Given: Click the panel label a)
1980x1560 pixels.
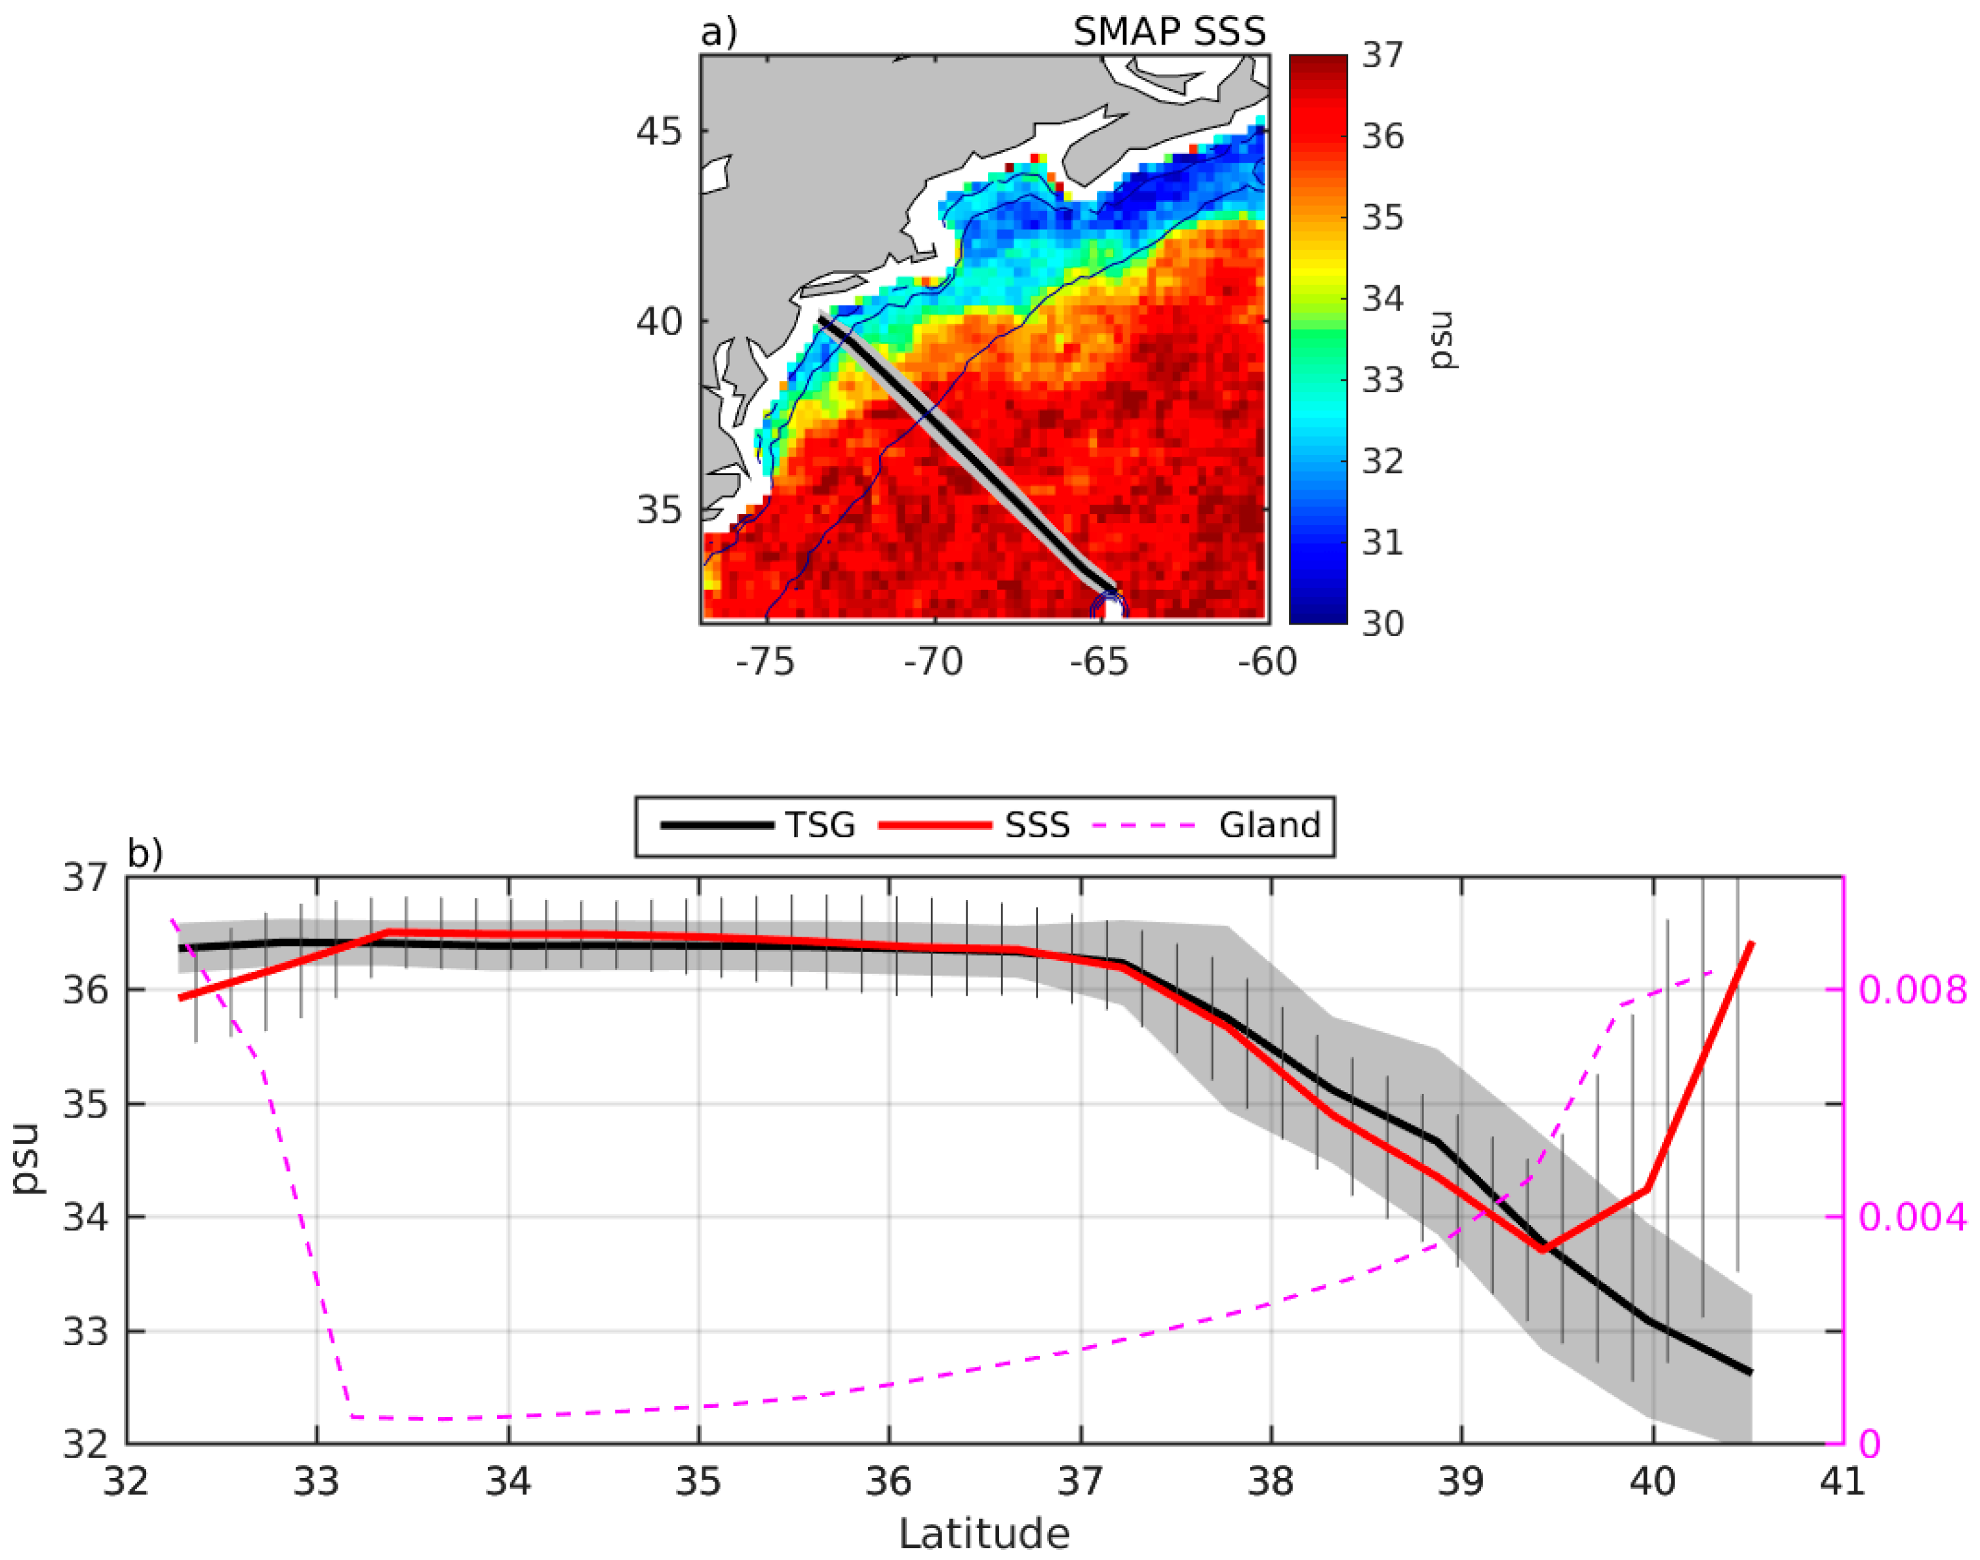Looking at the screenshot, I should click(718, 32).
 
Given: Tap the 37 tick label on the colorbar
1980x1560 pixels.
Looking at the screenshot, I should click(1383, 56).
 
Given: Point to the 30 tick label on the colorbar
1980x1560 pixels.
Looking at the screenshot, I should click(1383, 624).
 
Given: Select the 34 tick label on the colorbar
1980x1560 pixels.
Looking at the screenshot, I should click(1383, 299).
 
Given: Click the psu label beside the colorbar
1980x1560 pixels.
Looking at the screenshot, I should click(1444, 340).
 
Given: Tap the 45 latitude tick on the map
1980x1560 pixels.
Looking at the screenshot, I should click(659, 132).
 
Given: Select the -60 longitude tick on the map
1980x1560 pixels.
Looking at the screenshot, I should click(1267, 662).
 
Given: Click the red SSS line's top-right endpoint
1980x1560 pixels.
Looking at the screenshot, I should click(1751, 943).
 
